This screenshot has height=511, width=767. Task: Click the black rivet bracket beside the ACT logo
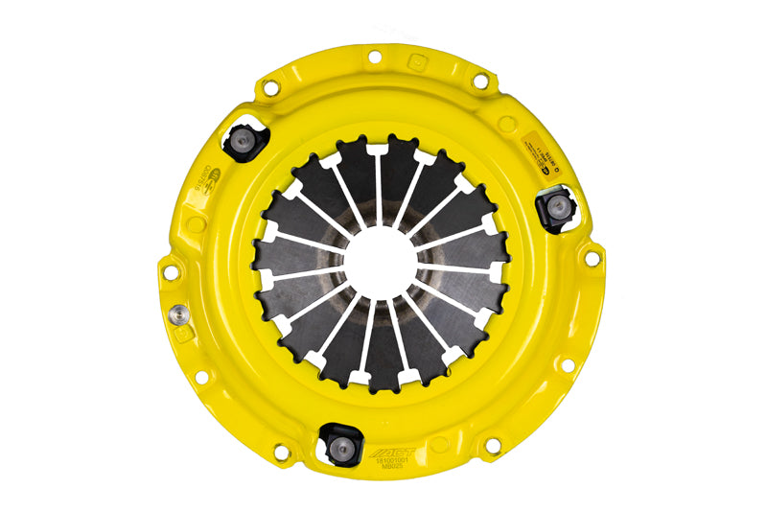point(339,440)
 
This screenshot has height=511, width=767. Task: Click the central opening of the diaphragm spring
point(381,260)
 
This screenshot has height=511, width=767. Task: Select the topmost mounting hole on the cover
point(374,57)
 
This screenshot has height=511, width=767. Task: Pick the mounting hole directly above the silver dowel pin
point(170,271)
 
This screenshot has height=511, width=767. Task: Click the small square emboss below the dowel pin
point(186,343)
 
